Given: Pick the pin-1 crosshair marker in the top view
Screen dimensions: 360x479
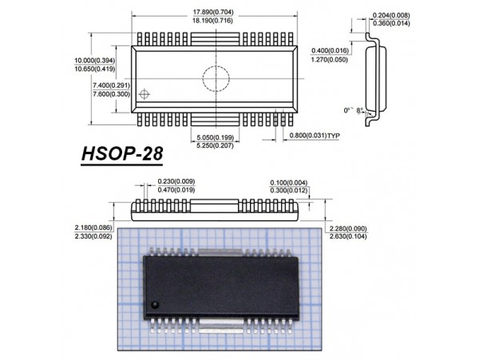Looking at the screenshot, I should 144,95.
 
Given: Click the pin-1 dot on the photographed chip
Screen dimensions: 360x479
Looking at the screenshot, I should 156,306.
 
